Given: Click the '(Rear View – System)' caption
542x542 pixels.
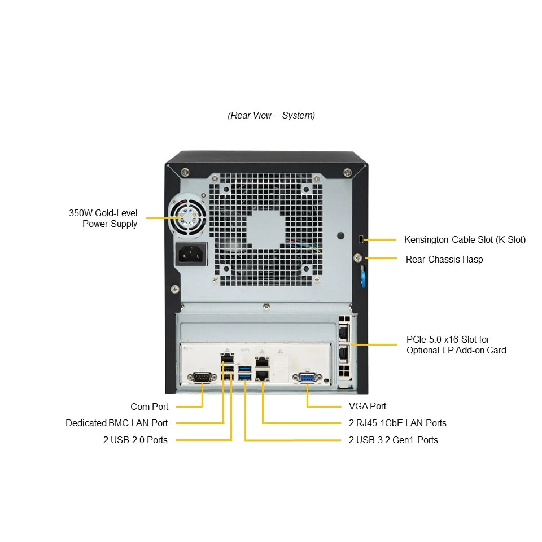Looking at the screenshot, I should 271,115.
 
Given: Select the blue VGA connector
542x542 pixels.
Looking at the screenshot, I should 307,378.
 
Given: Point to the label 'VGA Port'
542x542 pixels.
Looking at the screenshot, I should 367,406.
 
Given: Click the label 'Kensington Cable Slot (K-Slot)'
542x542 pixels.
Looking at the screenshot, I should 465,240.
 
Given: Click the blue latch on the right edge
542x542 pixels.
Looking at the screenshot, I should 363,276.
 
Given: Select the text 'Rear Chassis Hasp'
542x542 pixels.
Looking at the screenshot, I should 444,259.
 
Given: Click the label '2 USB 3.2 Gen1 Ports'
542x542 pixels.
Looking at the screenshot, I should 393,440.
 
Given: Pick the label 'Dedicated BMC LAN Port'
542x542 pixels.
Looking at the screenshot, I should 117,423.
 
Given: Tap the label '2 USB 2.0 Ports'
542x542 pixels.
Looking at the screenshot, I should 135,440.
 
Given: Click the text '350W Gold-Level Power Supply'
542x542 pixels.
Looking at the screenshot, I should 103,218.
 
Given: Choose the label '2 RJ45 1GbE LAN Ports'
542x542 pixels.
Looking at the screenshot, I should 397,423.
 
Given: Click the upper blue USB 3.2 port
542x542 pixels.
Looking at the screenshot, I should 245,369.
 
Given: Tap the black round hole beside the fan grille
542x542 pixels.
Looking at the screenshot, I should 341,235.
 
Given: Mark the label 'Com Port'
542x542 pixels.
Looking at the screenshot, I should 149,406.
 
